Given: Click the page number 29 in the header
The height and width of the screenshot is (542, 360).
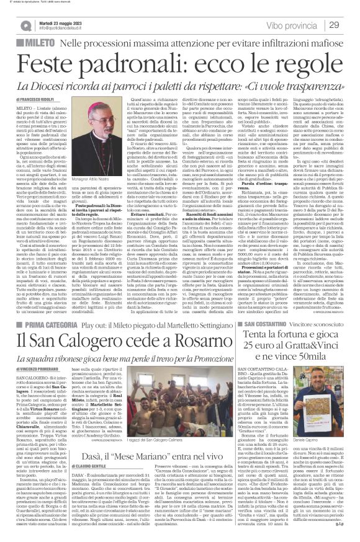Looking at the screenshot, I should pos(343,24).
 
